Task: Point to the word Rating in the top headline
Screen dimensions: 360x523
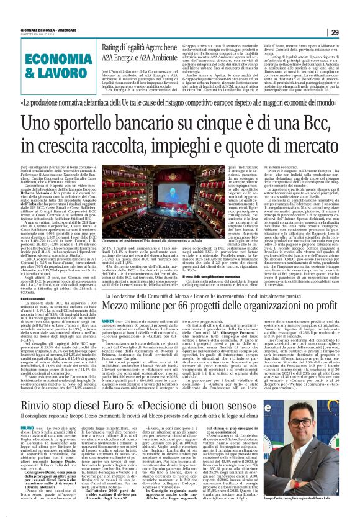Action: point(117,48)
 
